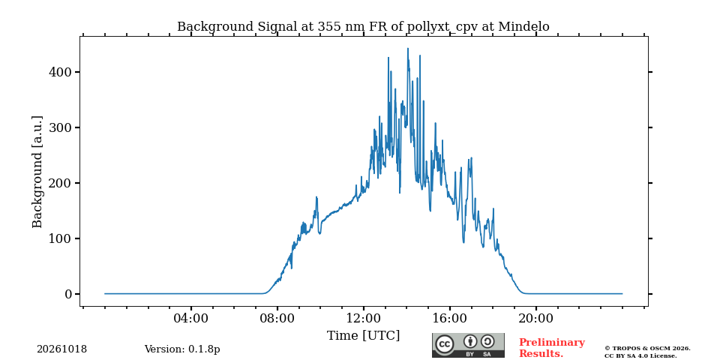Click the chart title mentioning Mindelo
point(363,27)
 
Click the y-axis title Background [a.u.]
point(37,172)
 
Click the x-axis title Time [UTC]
point(363,336)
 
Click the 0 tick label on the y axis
point(68,294)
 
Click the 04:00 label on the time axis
point(190,318)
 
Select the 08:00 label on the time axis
point(277,318)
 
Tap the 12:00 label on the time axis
point(363,318)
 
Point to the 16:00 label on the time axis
point(449,318)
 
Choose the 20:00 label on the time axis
point(535,318)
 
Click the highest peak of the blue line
point(408,48)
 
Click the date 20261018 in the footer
point(62,349)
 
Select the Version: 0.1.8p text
point(182,349)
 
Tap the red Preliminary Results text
point(552,348)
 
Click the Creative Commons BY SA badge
point(468,345)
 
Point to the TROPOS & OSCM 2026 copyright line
point(647,349)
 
